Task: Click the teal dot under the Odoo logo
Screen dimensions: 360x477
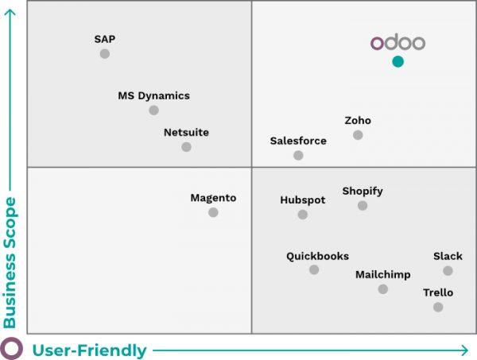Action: (x=397, y=61)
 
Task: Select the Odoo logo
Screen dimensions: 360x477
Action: (x=397, y=43)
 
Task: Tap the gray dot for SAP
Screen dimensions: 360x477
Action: (x=104, y=54)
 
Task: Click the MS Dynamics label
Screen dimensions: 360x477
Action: (x=153, y=95)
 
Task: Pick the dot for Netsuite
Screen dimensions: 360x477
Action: (x=186, y=147)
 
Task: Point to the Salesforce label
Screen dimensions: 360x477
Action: (x=298, y=141)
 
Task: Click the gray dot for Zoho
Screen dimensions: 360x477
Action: (x=358, y=135)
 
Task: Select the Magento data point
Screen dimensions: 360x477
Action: (x=213, y=212)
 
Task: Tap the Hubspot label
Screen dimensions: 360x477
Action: (x=303, y=200)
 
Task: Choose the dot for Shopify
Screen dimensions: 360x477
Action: (x=363, y=206)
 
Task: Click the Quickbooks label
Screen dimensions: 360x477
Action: (x=317, y=256)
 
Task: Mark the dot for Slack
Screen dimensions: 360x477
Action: (x=448, y=271)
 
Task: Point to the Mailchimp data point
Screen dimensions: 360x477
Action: (x=383, y=289)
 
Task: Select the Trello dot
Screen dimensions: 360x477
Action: (x=438, y=307)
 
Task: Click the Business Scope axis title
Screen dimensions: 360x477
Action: (x=10, y=262)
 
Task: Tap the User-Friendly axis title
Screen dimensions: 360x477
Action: (x=89, y=350)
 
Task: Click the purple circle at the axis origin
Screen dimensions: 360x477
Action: (x=10, y=349)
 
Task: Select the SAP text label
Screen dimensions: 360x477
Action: (x=105, y=39)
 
